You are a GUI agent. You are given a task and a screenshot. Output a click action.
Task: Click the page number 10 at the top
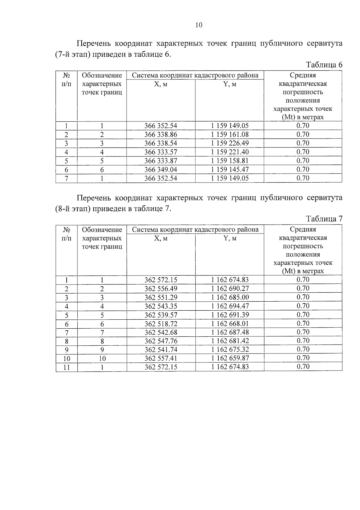[x=199, y=25]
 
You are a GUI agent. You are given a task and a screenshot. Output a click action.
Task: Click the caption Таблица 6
[x=324, y=65]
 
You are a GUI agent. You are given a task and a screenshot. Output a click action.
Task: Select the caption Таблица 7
[x=324, y=219]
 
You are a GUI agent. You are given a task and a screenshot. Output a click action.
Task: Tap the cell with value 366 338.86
[x=161, y=135]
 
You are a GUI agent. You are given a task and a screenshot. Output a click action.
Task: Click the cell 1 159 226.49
[x=230, y=143]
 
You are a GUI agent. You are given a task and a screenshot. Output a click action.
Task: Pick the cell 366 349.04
[x=161, y=170]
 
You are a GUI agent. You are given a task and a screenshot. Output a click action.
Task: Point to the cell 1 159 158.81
[x=230, y=161]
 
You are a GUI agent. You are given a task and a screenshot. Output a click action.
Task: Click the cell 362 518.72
[x=161, y=324]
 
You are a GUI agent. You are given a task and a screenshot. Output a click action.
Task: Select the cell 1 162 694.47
[x=230, y=306]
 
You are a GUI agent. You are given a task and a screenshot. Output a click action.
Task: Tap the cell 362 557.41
[x=161, y=358]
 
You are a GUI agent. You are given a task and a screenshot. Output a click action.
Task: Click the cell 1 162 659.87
[x=230, y=358]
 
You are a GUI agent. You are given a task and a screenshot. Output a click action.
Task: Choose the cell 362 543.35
[x=161, y=306]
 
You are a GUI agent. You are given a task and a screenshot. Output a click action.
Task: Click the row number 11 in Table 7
[x=67, y=367]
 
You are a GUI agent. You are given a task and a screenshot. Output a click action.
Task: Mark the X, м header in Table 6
[x=161, y=84]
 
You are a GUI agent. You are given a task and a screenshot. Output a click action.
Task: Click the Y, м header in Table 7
[x=230, y=238]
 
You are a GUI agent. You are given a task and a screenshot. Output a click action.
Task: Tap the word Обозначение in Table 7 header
[x=102, y=230]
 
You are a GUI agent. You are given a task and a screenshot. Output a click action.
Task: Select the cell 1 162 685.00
[x=230, y=297]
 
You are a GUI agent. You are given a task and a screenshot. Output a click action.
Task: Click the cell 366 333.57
[x=161, y=152]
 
